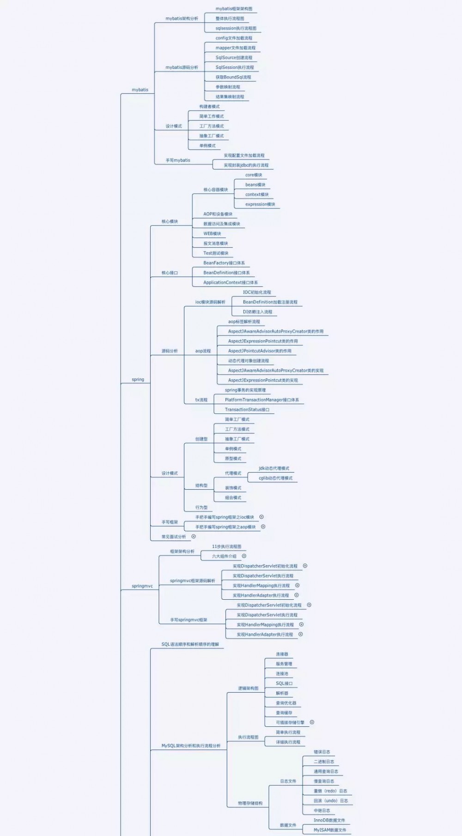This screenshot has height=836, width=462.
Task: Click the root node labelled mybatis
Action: click(x=140, y=90)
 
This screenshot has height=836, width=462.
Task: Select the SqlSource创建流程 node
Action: click(x=234, y=58)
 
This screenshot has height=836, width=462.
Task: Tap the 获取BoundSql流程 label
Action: click(x=233, y=77)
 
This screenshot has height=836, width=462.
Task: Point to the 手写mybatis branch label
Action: click(x=178, y=160)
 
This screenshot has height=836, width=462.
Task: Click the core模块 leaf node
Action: click(x=254, y=175)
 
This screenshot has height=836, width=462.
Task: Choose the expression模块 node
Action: click(x=260, y=204)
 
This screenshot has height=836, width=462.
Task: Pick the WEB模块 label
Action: click(x=212, y=234)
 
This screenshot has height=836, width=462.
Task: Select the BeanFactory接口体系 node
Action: click(x=224, y=263)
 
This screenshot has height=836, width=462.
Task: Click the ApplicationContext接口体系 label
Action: click(x=231, y=283)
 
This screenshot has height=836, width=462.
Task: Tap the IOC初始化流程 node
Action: click(x=257, y=292)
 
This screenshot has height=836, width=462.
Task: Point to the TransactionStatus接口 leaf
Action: click(x=247, y=410)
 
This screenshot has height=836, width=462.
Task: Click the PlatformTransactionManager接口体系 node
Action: click(x=262, y=400)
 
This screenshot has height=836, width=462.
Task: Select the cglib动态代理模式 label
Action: click(x=275, y=478)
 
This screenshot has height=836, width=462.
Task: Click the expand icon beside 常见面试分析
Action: click(x=194, y=536)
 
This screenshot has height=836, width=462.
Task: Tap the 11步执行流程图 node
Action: click(x=226, y=547)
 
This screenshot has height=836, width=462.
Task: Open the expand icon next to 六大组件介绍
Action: click(x=244, y=556)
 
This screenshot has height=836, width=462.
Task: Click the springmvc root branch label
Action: click(x=142, y=586)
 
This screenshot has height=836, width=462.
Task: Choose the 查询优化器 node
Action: click(x=286, y=703)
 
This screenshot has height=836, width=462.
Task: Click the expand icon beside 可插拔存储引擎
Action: click(x=312, y=722)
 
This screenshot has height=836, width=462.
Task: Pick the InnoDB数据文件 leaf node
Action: click(x=329, y=820)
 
